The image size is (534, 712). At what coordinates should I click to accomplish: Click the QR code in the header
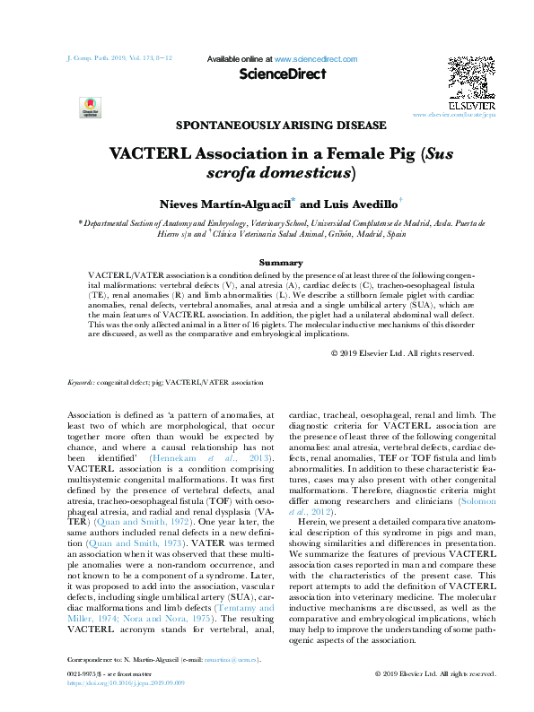471,74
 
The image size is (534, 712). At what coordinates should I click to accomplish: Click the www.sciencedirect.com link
316,59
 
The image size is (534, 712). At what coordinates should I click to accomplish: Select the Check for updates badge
91,107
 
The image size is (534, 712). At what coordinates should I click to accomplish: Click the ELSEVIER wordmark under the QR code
471,104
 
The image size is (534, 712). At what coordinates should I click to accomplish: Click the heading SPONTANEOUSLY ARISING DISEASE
282,126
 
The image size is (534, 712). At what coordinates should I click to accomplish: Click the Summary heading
281,262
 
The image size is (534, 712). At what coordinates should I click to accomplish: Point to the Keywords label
82,407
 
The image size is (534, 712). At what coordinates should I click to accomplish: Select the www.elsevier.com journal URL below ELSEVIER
454,116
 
